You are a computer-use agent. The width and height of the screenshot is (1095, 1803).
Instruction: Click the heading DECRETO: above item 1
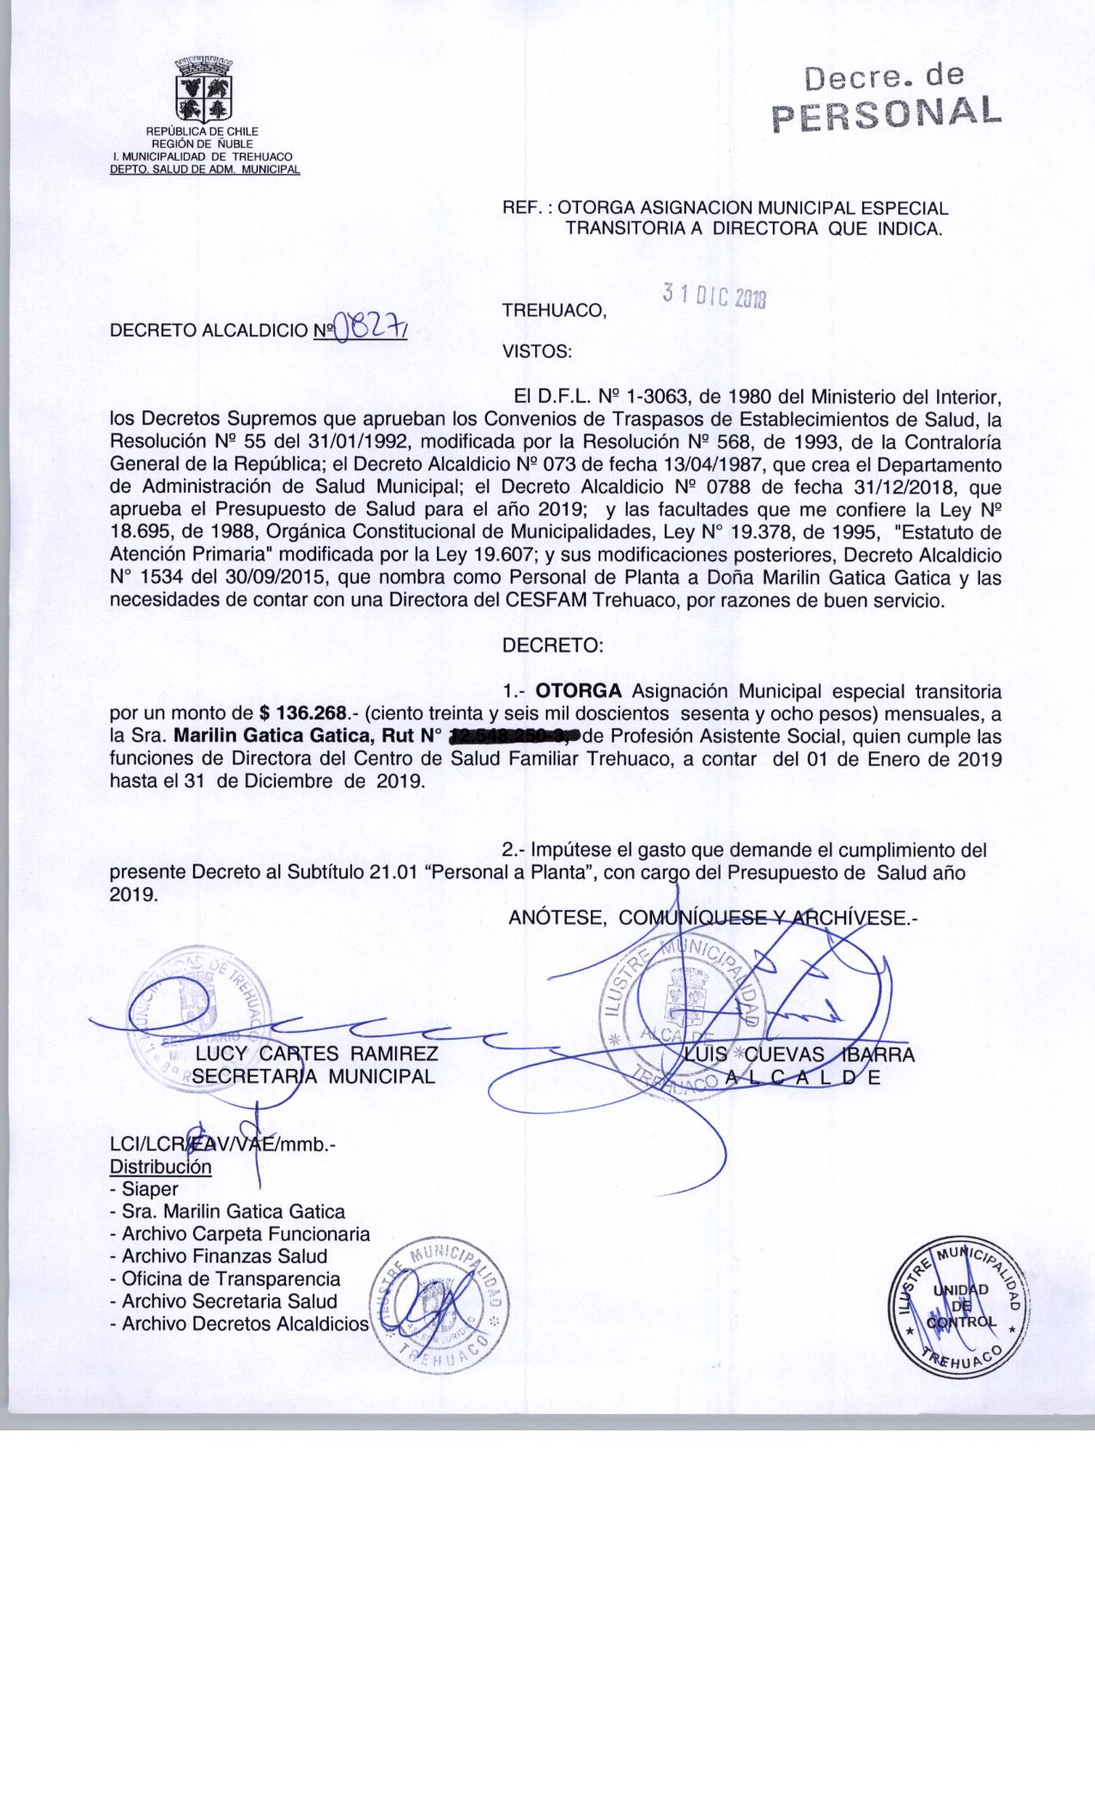tap(553, 647)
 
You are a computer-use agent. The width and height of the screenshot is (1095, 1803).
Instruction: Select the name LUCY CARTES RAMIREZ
tap(317, 1053)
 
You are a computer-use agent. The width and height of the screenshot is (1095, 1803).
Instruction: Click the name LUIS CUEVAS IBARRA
tap(800, 1054)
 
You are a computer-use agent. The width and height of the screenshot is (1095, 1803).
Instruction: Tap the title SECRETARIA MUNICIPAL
tap(314, 1076)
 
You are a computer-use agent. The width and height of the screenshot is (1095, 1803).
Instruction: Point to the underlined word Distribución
tap(161, 1167)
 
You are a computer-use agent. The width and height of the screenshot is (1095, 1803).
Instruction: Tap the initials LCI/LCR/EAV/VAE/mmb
tap(222, 1144)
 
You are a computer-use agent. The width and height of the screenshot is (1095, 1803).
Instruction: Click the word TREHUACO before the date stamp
tap(554, 311)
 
